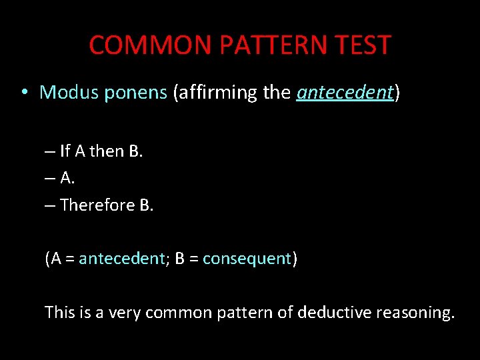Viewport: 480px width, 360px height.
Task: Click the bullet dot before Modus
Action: [23, 93]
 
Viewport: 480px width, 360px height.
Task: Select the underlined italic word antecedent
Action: [345, 93]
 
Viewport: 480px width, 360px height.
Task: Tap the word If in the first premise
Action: [65, 151]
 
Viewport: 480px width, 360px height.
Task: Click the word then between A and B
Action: [107, 151]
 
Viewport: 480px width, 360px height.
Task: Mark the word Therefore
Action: [97, 205]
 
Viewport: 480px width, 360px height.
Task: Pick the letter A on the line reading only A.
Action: [66, 178]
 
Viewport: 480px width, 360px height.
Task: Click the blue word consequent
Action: [247, 259]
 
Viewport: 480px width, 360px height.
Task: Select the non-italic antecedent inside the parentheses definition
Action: [121, 259]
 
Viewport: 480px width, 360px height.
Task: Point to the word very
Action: [125, 312]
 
